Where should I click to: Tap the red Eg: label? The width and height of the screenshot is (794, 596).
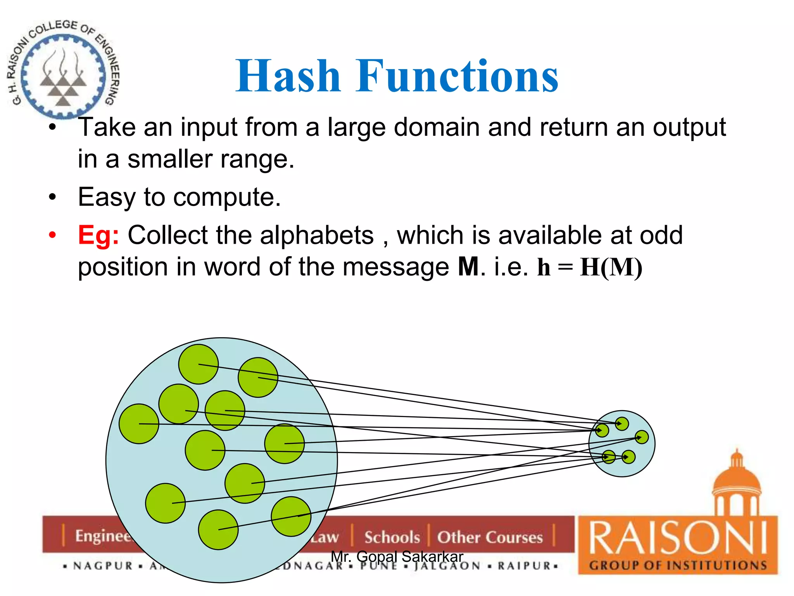click(x=98, y=235)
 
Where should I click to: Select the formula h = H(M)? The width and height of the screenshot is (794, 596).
click(x=589, y=267)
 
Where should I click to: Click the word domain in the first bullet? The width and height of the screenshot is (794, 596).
click(x=437, y=127)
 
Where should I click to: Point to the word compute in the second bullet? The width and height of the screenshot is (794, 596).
click(x=226, y=197)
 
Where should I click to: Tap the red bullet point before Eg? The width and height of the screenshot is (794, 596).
click(x=53, y=235)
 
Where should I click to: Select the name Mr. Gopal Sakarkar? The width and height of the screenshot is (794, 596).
click(x=397, y=556)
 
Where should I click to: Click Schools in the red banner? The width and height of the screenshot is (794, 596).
click(x=392, y=537)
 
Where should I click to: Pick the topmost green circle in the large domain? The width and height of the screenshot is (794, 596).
click(x=198, y=364)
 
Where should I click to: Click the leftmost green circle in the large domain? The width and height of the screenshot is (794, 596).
click(x=139, y=424)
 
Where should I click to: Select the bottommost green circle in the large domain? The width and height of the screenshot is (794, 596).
click(x=218, y=530)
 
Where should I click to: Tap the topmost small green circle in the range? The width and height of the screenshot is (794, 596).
click(x=622, y=424)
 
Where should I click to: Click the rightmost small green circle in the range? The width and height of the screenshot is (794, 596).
click(x=642, y=437)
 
